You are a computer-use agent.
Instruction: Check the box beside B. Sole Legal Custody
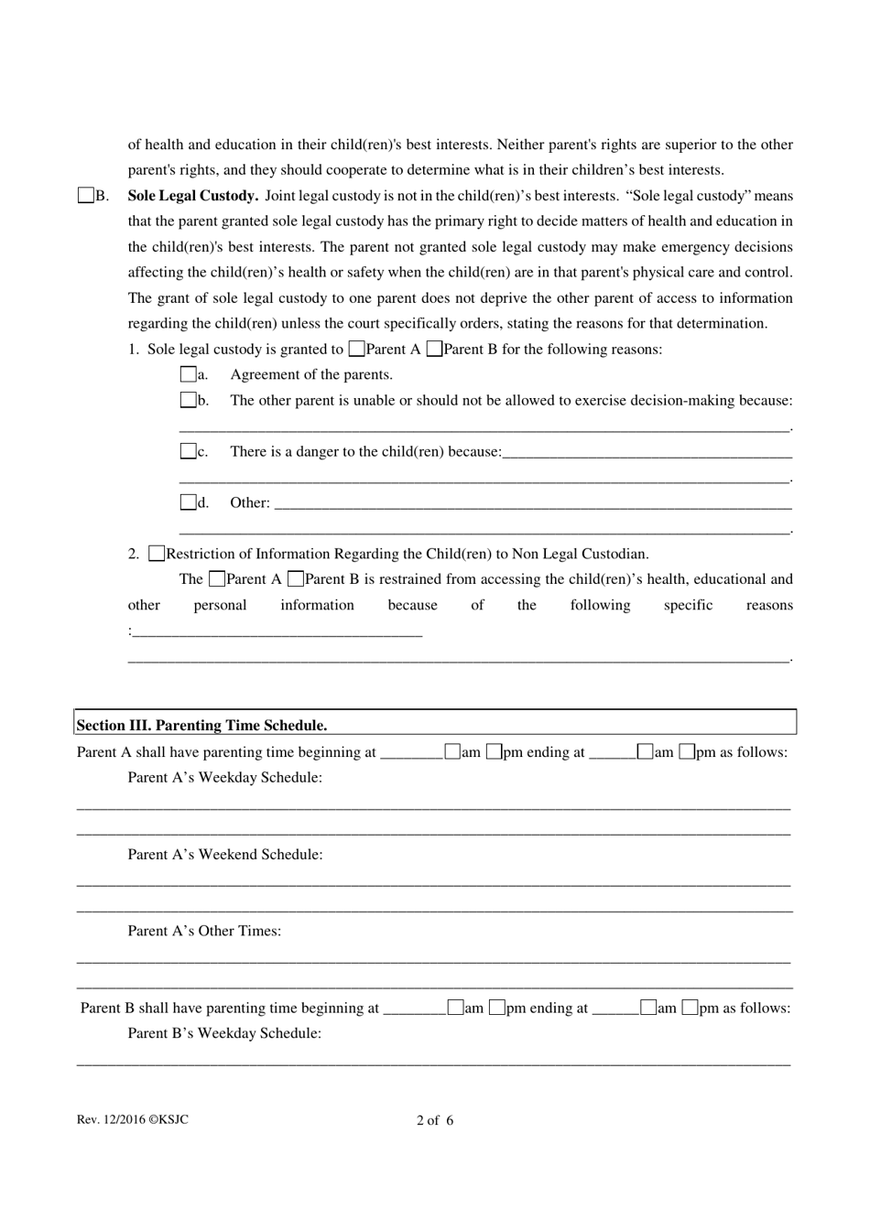(86, 195)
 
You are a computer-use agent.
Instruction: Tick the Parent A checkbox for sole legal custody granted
(356, 349)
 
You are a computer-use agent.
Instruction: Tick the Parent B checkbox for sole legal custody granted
(435, 349)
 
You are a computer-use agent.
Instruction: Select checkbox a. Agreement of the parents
(188, 374)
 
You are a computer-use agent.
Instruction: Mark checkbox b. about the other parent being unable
(188, 400)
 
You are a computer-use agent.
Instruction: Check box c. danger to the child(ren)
(188, 451)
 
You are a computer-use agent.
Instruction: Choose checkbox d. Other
(188, 502)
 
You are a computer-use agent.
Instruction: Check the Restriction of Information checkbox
(157, 554)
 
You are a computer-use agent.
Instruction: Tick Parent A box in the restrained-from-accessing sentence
(217, 579)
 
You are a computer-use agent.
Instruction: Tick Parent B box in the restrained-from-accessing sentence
(296, 579)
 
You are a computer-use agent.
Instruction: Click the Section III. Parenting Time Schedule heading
(201, 725)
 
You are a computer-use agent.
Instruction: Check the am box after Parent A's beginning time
(452, 752)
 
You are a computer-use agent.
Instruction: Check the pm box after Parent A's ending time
(687, 752)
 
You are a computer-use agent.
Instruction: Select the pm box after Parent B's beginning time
(497, 1008)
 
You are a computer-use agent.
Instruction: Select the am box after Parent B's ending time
(648, 1008)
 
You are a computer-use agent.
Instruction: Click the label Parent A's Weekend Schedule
(225, 855)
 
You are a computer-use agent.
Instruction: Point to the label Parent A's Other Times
(204, 931)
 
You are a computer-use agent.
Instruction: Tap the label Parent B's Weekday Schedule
(224, 1033)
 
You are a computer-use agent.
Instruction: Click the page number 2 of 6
(435, 1120)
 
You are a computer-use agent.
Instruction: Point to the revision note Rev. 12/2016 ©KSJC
(133, 1119)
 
